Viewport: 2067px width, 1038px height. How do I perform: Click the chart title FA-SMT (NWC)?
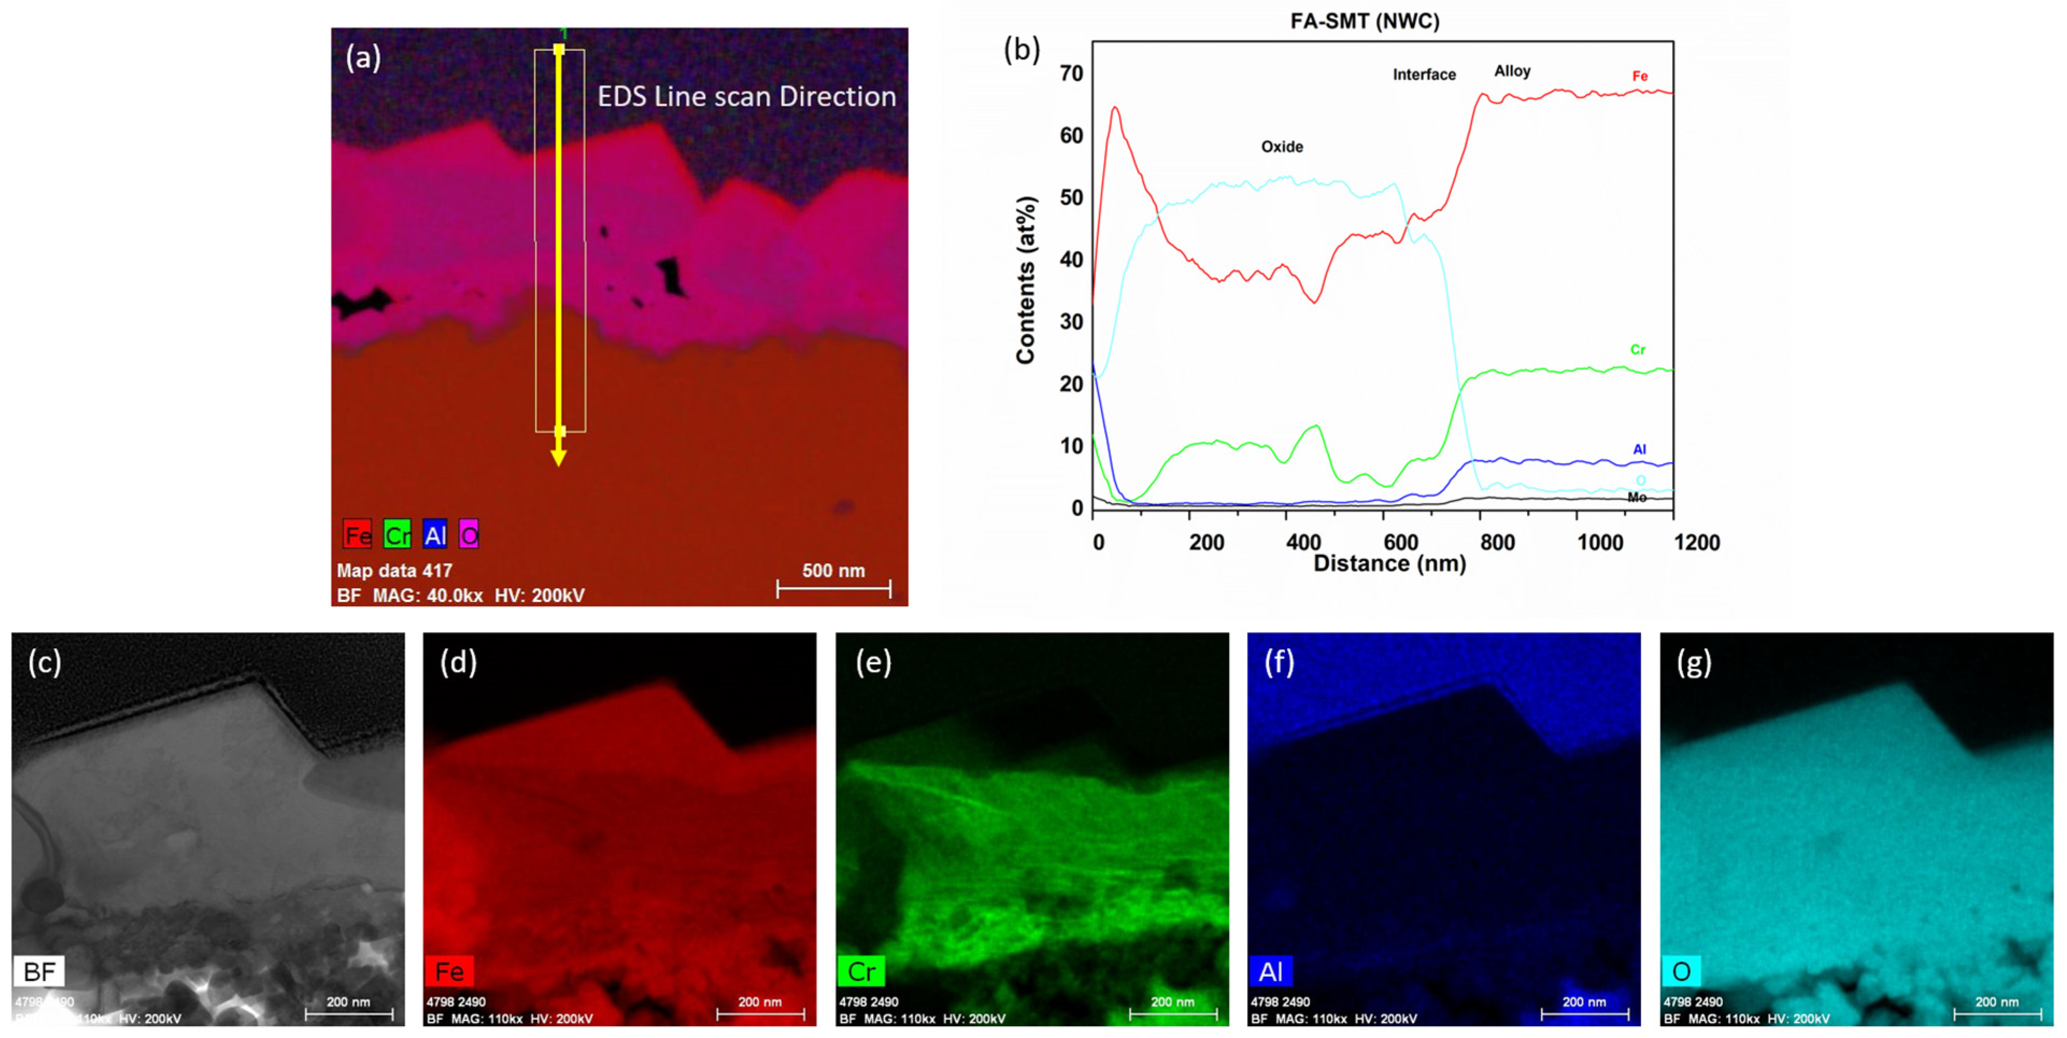[x=1364, y=21]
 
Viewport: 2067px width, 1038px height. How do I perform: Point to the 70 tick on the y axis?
[x=1071, y=74]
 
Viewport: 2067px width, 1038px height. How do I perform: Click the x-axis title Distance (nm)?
[x=1389, y=563]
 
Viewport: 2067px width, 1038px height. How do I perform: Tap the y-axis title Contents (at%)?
[x=1025, y=280]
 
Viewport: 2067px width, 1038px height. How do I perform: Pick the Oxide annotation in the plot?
[x=1281, y=147]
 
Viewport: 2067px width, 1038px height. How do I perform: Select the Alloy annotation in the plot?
[x=1512, y=71]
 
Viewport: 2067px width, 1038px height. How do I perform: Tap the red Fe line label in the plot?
[x=1640, y=76]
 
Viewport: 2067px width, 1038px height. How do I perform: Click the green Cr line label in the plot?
[x=1637, y=350]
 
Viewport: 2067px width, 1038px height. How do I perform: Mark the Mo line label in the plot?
[x=1637, y=498]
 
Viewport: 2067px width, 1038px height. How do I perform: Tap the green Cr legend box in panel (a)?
[x=397, y=534]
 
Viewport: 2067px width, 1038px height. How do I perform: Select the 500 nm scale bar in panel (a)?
[x=833, y=589]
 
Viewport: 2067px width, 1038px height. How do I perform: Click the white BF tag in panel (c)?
[x=39, y=971]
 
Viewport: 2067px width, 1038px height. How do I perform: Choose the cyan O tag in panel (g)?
[x=1680, y=971]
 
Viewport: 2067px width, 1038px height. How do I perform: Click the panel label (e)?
[x=873, y=663]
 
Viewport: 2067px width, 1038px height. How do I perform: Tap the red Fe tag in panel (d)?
[x=450, y=971]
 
